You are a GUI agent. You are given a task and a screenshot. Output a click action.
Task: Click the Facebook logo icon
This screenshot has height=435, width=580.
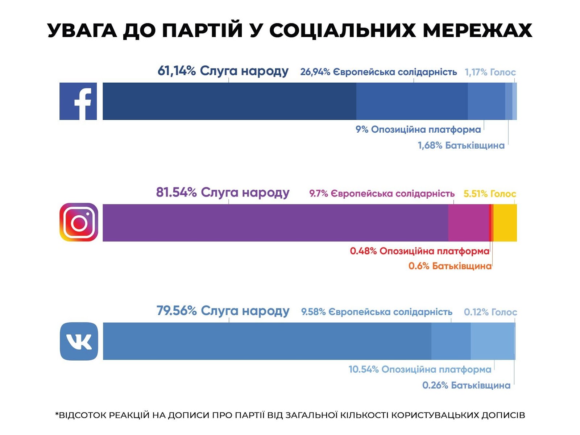pyautogui.click(x=78, y=101)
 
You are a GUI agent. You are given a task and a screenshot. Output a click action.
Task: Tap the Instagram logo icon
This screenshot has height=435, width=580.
pyautogui.click(x=79, y=222)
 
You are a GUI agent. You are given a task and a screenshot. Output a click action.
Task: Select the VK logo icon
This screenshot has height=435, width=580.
pyautogui.click(x=79, y=341)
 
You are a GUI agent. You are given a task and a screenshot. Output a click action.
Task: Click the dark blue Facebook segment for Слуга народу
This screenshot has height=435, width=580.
pyautogui.click(x=229, y=101)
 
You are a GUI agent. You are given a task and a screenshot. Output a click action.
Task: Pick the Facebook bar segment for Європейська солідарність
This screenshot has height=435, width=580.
pyautogui.click(x=412, y=101)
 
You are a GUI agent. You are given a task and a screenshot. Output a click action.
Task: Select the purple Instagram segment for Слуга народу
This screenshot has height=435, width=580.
pyautogui.click(x=275, y=223)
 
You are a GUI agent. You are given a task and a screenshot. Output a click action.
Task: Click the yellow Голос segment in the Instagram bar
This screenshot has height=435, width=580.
pyautogui.click(x=505, y=223)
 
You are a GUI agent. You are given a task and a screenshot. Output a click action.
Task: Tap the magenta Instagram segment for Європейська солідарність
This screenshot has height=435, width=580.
pyautogui.click(x=468, y=223)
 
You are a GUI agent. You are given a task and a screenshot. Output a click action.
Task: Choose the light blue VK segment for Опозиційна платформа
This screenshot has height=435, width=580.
pyautogui.click(x=492, y=341)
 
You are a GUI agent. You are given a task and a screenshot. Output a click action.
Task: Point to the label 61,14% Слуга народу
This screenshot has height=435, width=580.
pyautogui.click(x=223, y=71)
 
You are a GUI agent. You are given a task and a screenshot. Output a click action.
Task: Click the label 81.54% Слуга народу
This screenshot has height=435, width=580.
pyautogui.click(x=223, y=192)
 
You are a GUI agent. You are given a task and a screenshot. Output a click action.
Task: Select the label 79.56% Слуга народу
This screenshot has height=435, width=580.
pyautogui.click(x=223, y=311)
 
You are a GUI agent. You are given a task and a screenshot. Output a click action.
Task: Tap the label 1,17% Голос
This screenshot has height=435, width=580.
pyautogui.click(x=490, y=72)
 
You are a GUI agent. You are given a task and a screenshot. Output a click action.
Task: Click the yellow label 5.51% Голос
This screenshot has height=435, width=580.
pyautogui.click(x=489, y=194)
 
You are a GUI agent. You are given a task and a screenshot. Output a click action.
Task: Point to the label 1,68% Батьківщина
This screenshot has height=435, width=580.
pyautogui.click(x=461, y=145)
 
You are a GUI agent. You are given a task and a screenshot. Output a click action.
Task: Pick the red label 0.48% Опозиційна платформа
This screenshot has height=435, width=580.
pyautogui.click(x=419, y=251)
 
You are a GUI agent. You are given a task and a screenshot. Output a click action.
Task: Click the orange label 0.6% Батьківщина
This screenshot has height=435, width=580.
pyautogui.click(x=450, y=266)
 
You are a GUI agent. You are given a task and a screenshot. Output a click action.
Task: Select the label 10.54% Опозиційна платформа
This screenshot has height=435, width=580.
pyautogui.click(x=420, y=369)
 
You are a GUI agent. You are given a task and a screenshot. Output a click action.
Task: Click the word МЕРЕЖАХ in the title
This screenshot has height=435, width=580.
pyautogui.click(x=477, y=30)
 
